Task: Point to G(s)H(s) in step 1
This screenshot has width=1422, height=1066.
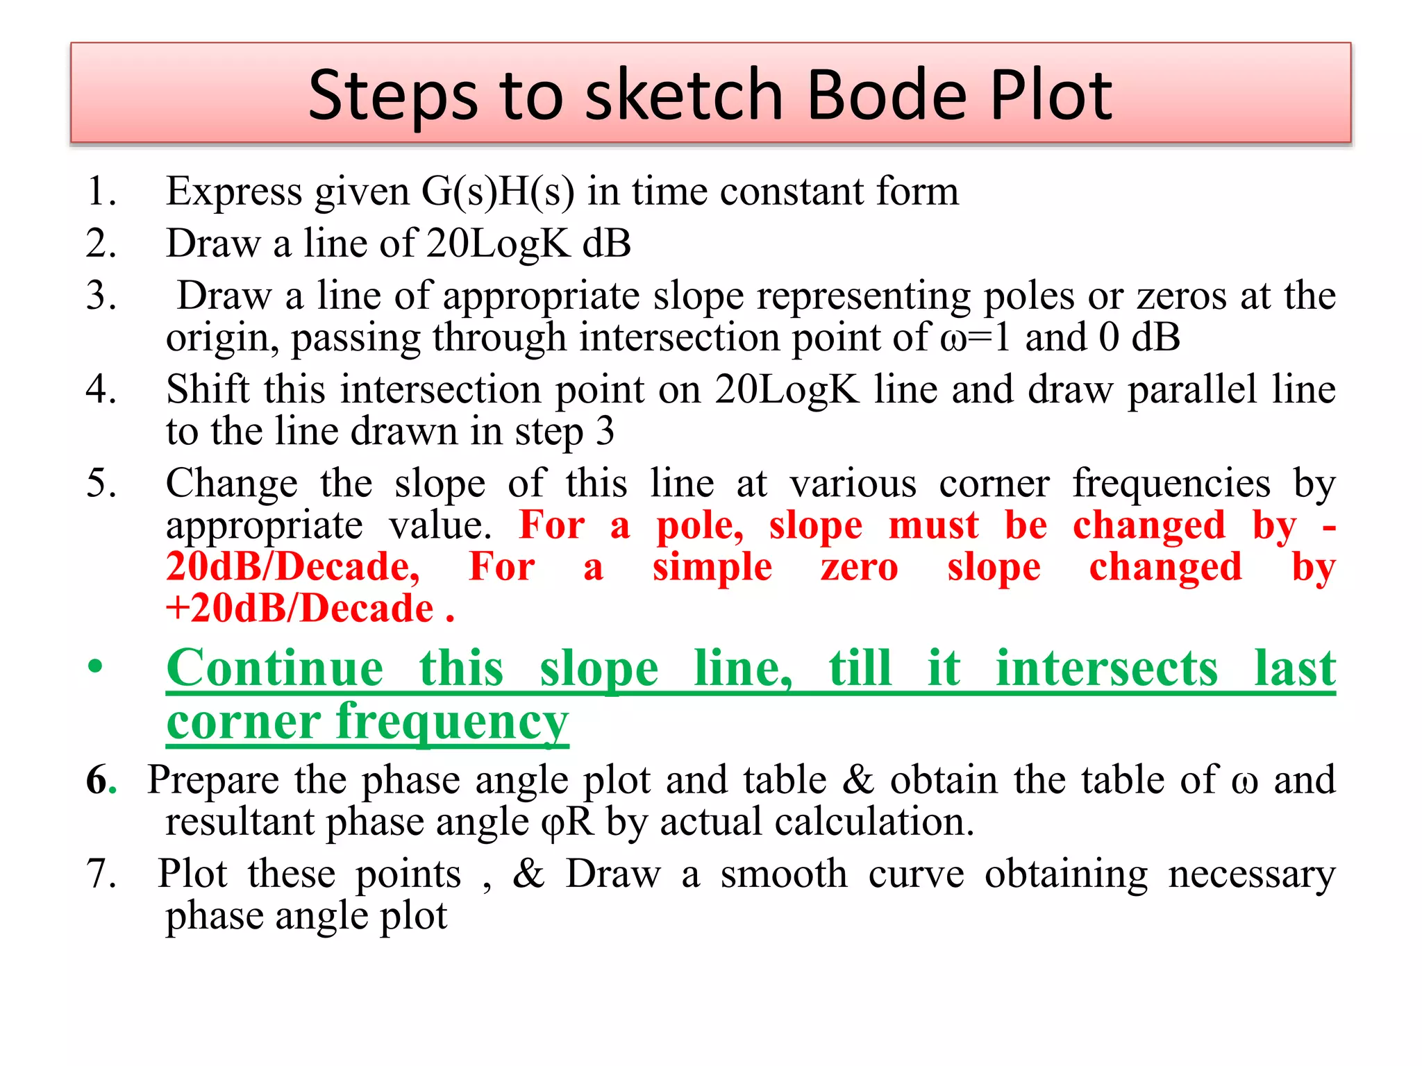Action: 497,192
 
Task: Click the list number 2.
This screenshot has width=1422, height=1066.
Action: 101,244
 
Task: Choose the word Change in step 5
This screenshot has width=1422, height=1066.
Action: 232,484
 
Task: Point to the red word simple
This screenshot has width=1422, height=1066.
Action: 712,568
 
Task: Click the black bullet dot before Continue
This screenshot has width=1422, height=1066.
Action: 95,667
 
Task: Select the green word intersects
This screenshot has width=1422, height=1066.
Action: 1107,668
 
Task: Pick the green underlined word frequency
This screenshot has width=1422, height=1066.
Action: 452,723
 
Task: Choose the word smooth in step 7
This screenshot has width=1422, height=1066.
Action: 783,874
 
